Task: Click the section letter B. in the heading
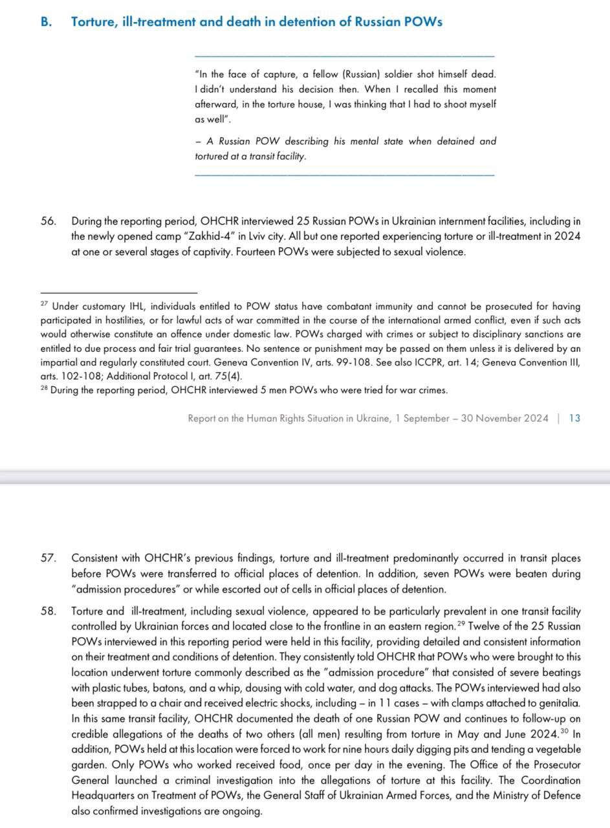pos(46,21)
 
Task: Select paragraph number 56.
pos(48,221)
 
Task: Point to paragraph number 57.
pos(48,558)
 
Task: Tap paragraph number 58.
pos(48,611)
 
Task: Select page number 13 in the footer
pos(574,419)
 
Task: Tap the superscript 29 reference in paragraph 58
pos(461,624)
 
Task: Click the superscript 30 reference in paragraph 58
pos(564,731)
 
